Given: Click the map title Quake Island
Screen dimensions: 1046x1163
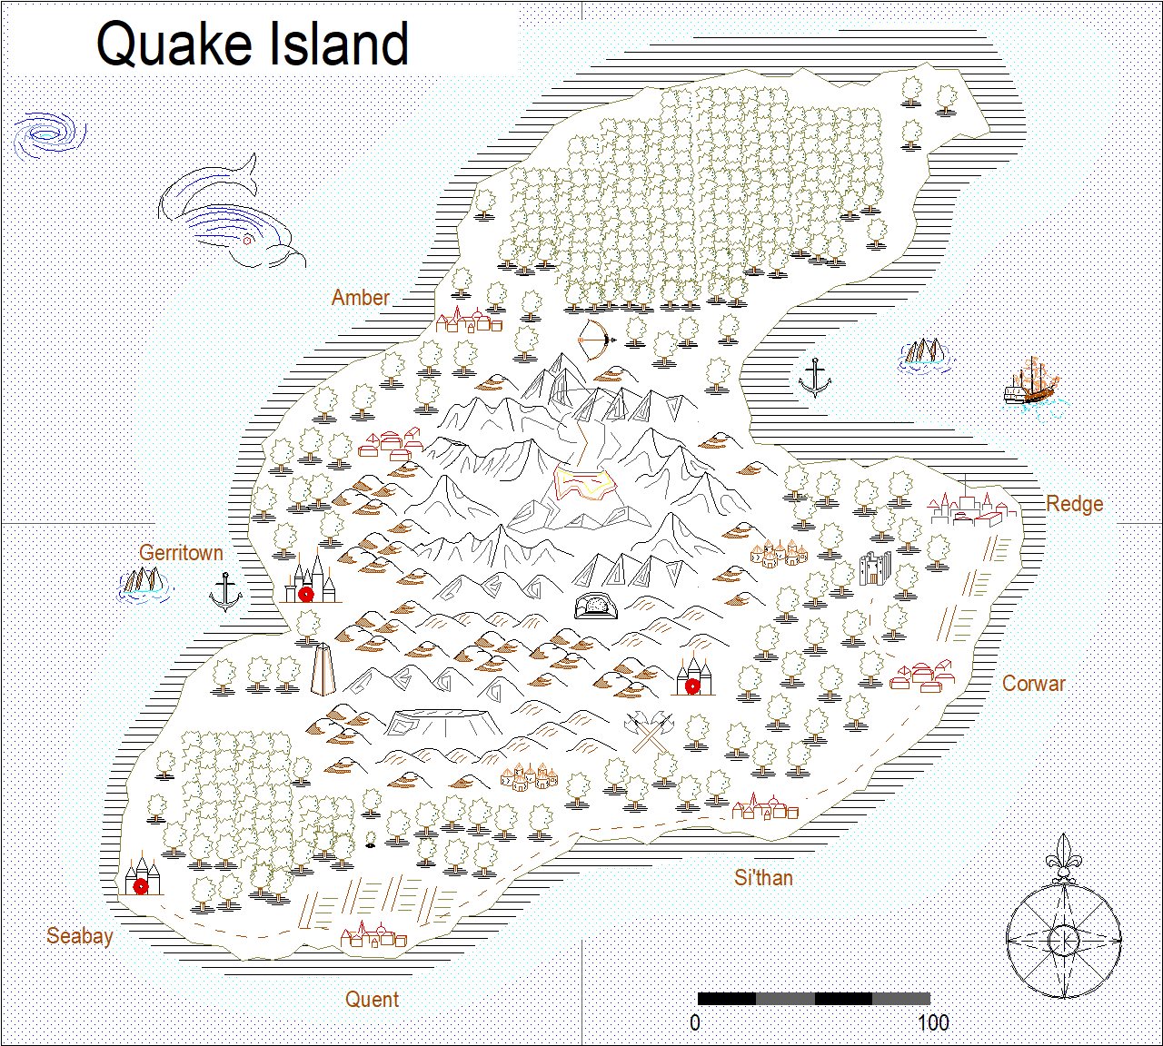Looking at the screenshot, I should tap(252, 44).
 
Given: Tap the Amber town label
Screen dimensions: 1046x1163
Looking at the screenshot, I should tap(360, 297).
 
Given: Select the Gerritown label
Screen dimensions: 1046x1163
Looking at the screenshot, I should tap(181, 552).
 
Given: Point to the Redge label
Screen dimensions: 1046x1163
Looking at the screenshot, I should tap(1074, 504).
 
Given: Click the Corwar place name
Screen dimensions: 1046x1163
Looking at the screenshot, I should tap(1033, 683).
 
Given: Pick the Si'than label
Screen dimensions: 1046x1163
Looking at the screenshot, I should tap(763, 877).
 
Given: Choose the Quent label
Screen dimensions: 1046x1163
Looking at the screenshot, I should tap(372, 999).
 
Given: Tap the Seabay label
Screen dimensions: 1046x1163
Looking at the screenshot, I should tap(80, 935).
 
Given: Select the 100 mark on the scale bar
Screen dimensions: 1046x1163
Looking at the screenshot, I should tap(933, 1022).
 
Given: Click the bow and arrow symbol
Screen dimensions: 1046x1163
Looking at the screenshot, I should tap(596, 340).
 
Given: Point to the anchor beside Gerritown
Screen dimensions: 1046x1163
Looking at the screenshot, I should tap(224, 593).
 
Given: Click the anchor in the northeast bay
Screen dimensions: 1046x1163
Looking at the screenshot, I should tap(814, 378).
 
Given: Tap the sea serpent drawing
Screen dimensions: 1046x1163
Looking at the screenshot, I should tap(232, 216).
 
